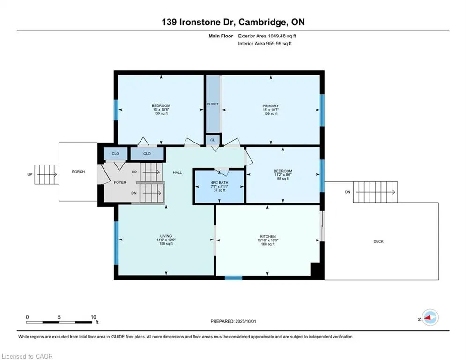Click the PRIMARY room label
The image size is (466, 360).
click(270, 106)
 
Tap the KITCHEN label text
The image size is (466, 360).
click(268, 237)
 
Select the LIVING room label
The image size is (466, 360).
click(166, 236)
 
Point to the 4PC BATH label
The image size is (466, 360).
click(219, 183)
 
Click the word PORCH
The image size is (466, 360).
click(78, 172)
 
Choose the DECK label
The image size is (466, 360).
click(378, 241)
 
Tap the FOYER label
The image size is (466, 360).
click(120, 182)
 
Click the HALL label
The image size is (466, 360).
click(178, 172)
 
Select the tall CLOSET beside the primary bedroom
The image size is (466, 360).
click(213, 104)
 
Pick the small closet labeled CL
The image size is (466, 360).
click(213, 140)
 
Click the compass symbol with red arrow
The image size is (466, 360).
click(430, 317)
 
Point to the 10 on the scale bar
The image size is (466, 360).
click(93, 317)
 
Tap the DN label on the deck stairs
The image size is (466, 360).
click(348, 192)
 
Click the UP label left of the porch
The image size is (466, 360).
click(30, 175)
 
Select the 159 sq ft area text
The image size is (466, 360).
click(270, 113)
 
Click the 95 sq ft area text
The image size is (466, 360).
click(283, 179)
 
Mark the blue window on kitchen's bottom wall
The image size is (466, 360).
click(233, 278)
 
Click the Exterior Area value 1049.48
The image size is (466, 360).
click(278, 36)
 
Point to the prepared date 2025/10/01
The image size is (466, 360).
click(245, 321)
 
